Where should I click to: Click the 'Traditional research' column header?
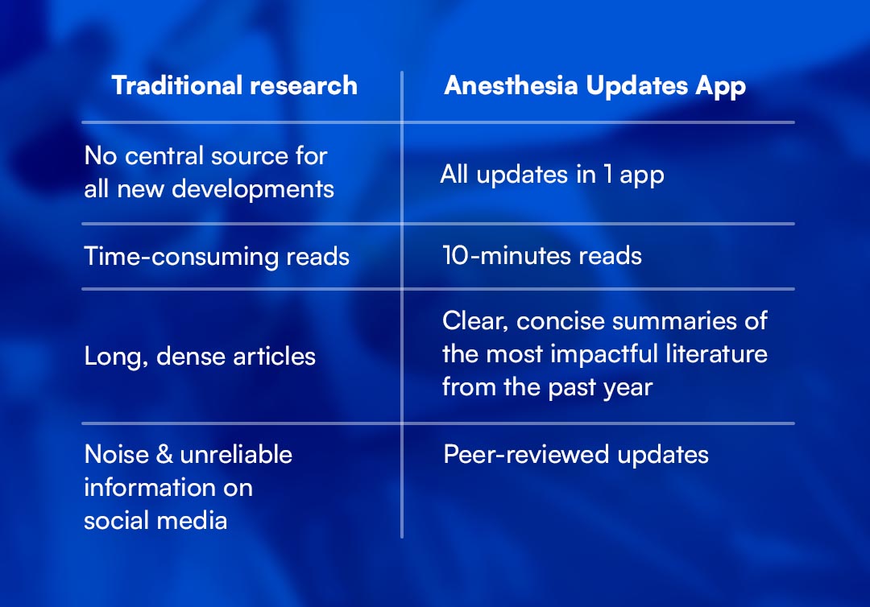(234, 85)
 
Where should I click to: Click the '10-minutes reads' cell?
(542, 255)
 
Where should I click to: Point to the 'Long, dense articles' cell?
(200, 357)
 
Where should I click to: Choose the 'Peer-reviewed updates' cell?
(576, 455)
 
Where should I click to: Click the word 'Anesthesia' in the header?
(511, 85)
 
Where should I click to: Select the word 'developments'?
(252, 190)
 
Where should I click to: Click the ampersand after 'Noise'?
(164, 455)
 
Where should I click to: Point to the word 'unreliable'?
(236, 454)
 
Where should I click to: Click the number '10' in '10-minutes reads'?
(455, 255)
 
